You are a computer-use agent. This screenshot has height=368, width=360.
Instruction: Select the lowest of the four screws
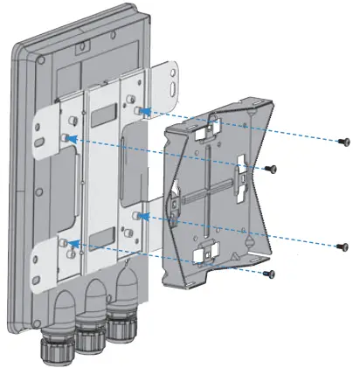(x=269, y=274)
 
